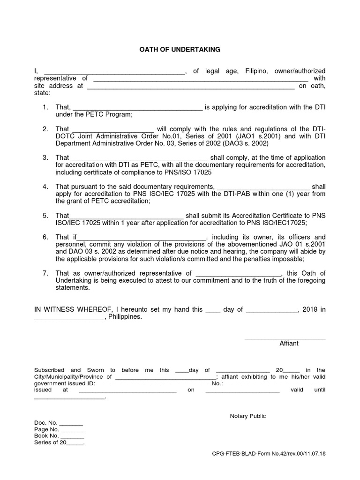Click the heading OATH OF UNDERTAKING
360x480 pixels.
(180, 49)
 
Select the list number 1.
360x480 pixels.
(45, 107)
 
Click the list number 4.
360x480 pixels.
(45, 187)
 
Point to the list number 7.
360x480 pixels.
(45, 273)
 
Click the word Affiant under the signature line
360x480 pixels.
(289, 343)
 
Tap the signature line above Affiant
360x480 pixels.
(285, 338)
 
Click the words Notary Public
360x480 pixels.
(247, 416)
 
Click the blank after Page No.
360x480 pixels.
(73, 430)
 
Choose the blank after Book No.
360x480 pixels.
(73, 437)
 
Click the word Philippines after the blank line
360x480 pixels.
(125, 317)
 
